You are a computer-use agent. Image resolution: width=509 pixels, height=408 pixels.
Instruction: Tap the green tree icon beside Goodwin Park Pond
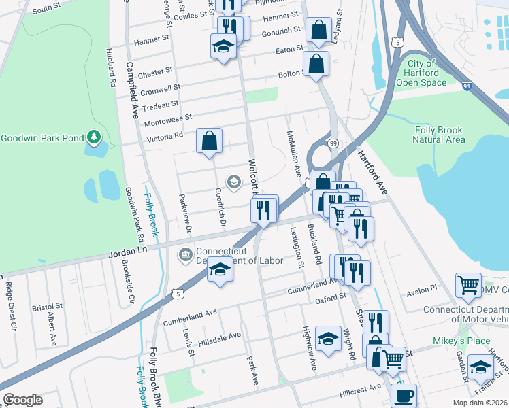tap(93, 139)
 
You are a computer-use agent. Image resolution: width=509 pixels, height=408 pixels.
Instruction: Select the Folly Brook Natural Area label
tap(439, 135)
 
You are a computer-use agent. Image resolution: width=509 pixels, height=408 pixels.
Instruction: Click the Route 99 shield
tap(333, 143)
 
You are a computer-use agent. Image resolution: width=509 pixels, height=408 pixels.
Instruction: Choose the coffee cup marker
tap(404, 395)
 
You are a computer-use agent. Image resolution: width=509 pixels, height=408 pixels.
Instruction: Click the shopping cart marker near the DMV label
tap(468, 286)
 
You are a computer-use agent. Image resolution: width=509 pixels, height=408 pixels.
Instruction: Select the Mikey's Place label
tap(452, 340)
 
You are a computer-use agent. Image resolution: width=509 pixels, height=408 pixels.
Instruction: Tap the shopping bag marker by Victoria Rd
tap(210, 141)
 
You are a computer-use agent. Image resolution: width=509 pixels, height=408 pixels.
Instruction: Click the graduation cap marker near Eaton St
tap(223, 48)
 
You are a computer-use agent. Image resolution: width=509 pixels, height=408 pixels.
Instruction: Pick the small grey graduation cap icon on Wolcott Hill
tap(233, 182)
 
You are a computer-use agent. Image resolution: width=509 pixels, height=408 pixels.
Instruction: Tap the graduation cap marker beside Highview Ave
tap(328, 340)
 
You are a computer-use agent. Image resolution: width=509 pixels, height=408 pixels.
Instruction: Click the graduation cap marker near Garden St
tap(480, 369)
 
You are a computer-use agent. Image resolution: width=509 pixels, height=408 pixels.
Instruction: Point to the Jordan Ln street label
tap(127, 252)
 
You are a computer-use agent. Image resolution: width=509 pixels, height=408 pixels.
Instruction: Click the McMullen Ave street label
tap(293, 154)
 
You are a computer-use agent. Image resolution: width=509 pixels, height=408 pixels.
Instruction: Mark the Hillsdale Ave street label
tap(219, 337)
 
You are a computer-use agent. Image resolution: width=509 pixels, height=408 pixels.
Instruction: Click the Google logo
tap(22, 400)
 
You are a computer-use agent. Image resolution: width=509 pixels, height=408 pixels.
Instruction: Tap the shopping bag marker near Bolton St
tap(316, 65)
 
